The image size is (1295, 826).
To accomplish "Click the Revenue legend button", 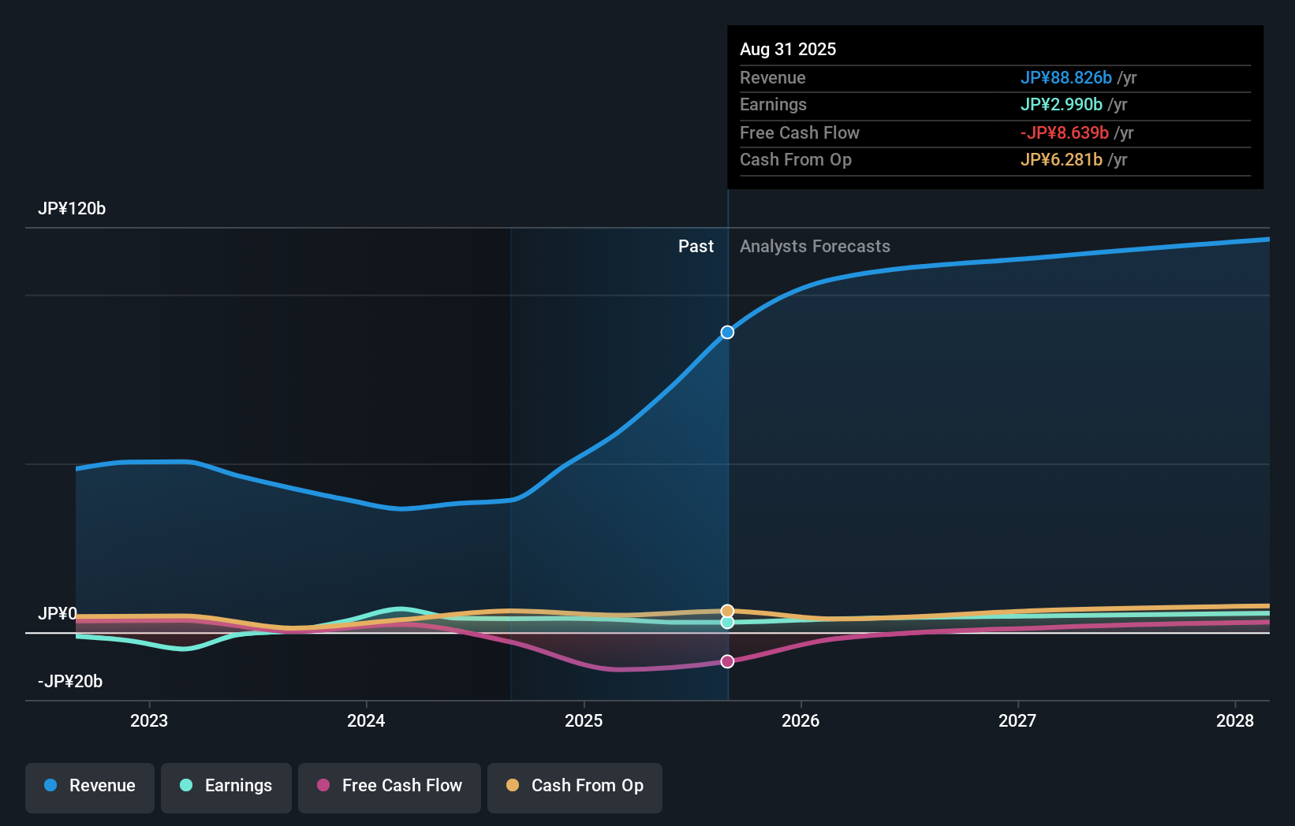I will [90, 787].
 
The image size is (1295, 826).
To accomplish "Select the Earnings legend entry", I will [226, 787].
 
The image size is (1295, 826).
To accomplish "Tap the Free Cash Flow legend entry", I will [390, 787].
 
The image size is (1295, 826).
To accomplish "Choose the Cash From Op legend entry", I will [575, 787].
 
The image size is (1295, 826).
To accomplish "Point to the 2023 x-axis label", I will [149, 721].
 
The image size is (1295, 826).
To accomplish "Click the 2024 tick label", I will [366, 721].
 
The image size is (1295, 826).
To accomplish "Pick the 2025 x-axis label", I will [584, 721].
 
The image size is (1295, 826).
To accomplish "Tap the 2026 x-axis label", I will [801, 721].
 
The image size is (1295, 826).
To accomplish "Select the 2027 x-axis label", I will [1017, 721].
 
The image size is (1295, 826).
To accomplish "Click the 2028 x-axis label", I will [1234, 721].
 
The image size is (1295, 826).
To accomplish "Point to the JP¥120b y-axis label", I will [72, 209].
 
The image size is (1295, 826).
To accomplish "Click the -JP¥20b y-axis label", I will [70, 682].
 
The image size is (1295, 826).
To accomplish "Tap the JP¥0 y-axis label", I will [58, 614].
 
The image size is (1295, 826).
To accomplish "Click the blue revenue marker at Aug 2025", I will [727, 333].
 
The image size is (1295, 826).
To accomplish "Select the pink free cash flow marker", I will [727, 661].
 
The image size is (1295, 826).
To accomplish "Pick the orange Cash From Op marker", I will [727, 611].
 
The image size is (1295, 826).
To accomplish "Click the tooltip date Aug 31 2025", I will [788, 50].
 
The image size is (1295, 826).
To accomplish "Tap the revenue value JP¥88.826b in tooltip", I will [1065, 78].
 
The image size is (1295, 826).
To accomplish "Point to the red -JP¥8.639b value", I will [1064, 133].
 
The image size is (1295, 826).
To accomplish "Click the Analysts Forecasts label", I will [815, 247].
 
